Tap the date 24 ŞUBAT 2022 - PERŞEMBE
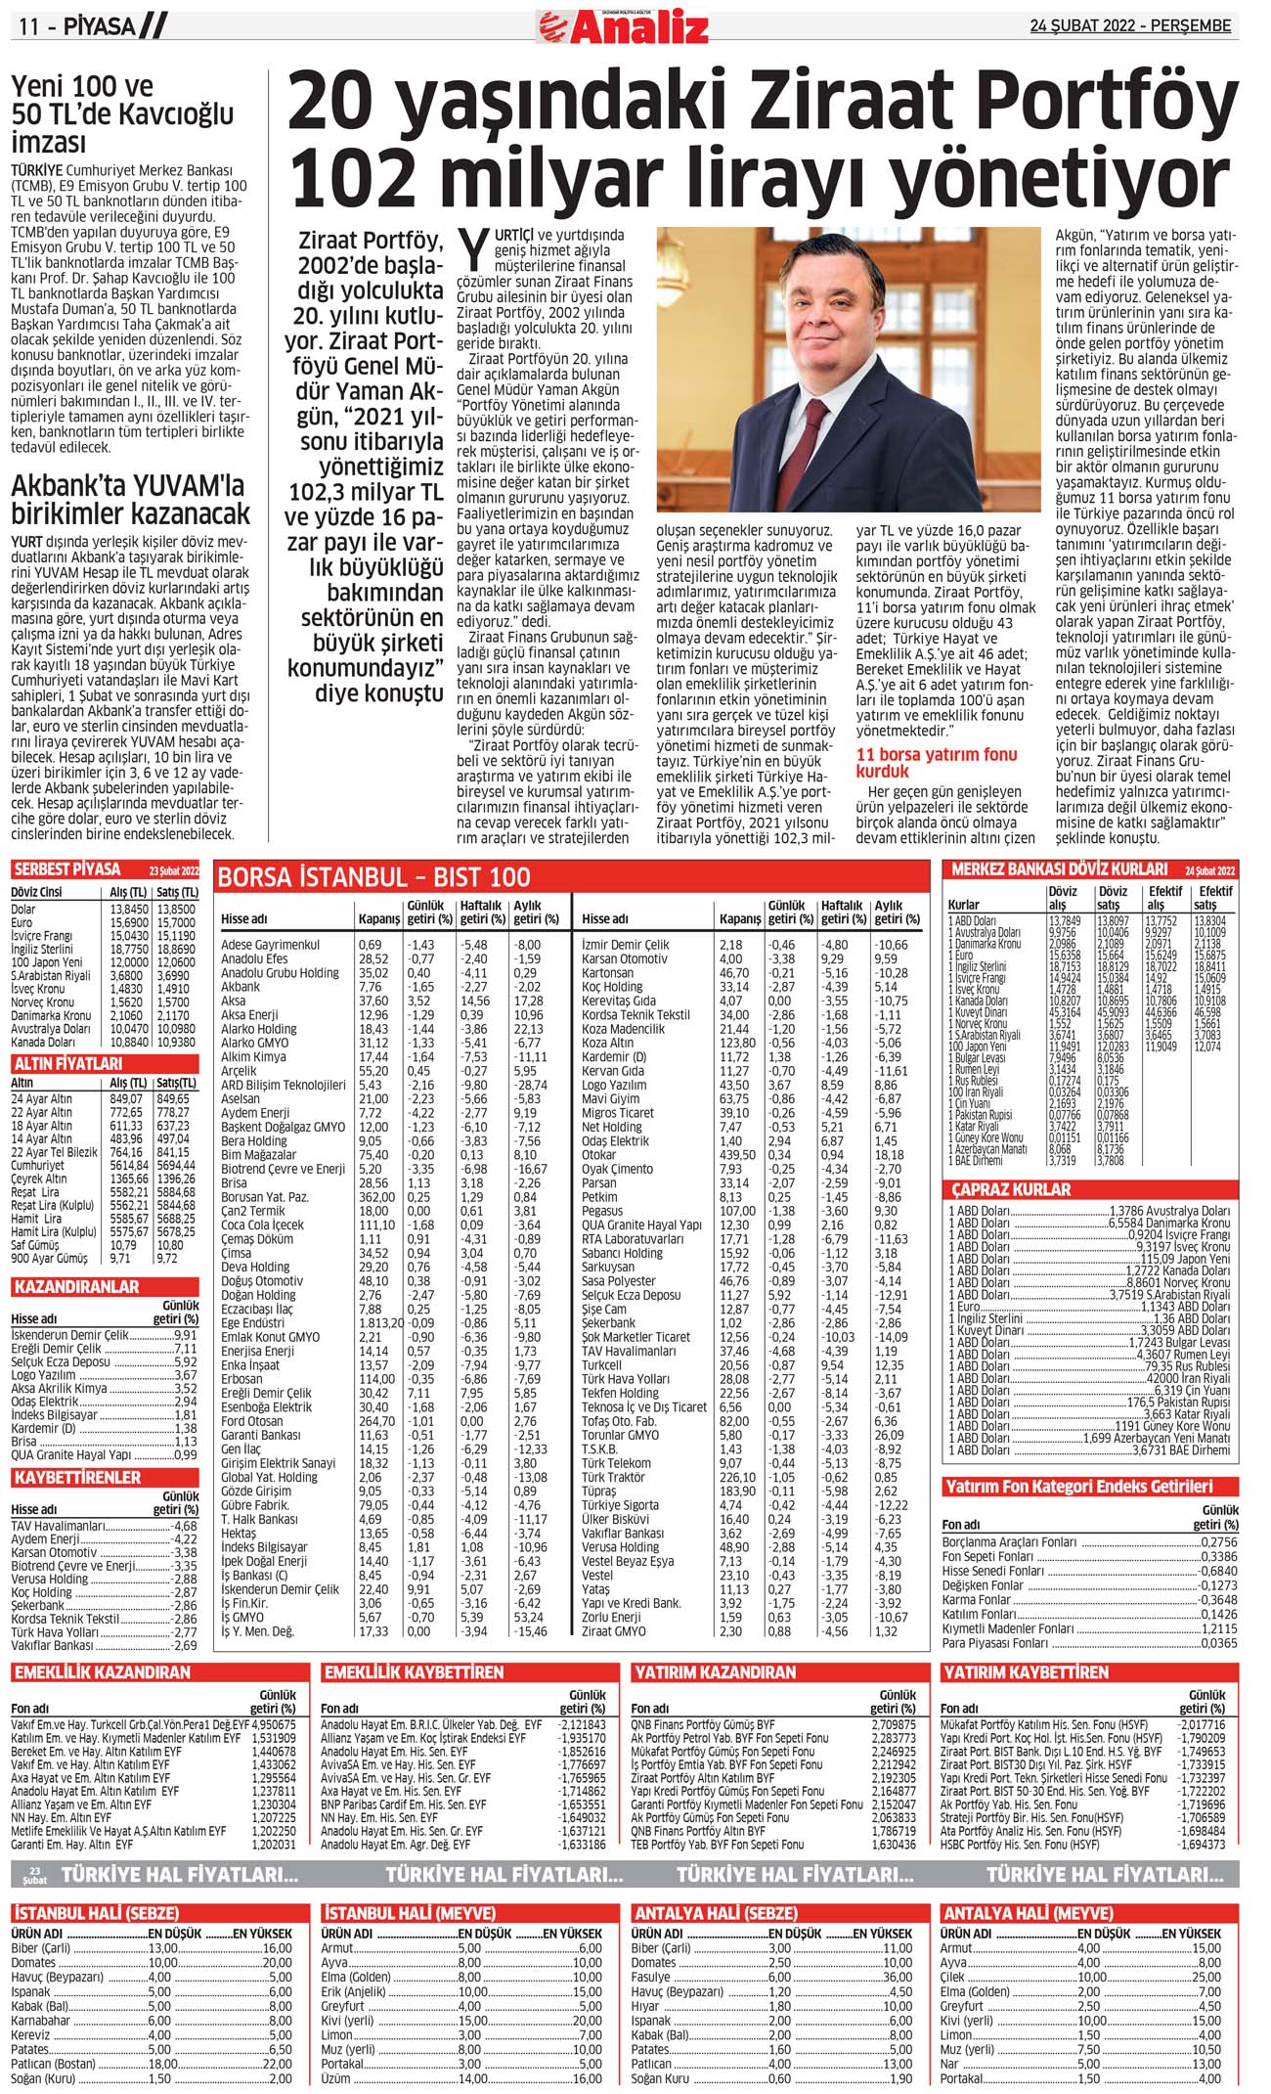pos(1130,26)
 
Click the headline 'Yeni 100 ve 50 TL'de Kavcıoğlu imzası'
pos(122,114)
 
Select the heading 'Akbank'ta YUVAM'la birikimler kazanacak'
pos(130,500)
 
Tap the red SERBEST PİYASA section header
pos(66,869)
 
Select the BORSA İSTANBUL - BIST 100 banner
pos(374,877)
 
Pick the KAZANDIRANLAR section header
pos(76,1287)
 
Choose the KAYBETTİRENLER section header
pos(77,1477)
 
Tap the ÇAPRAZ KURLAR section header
pos(1012,1189)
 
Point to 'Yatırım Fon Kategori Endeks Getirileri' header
pos(1077,1487)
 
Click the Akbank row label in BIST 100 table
pos(241,987)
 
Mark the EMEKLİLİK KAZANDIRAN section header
pos(102,1672)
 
